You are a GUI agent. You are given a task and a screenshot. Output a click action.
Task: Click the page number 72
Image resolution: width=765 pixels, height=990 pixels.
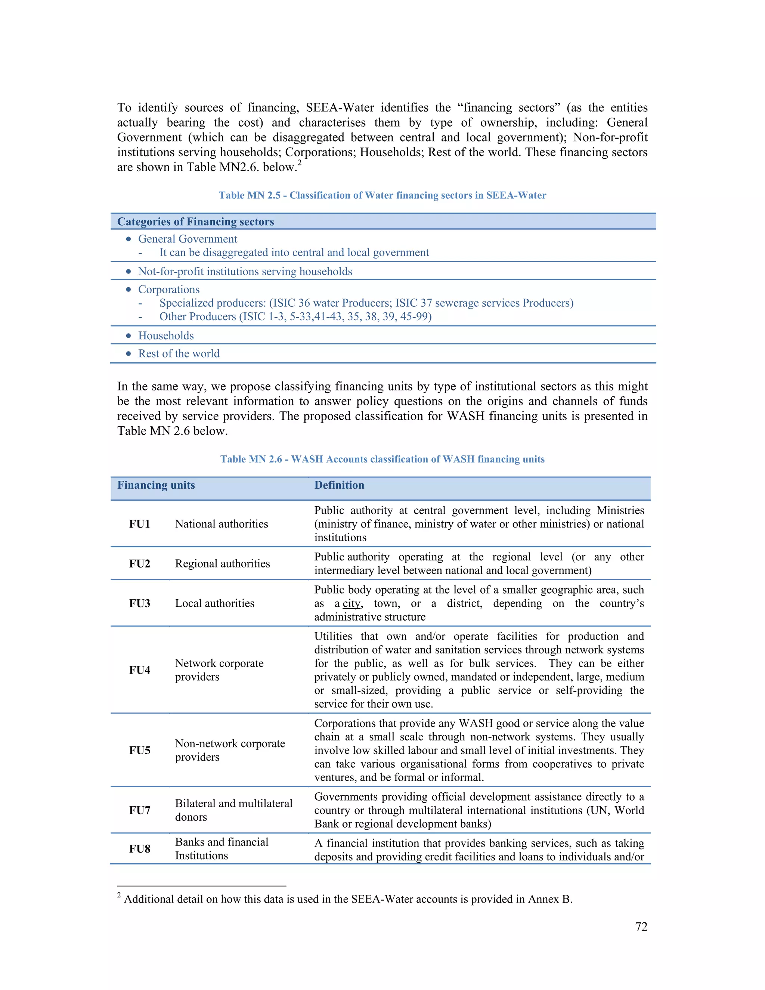[x=641, y=926]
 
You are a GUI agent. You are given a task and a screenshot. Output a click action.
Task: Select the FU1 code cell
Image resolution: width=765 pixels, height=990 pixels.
[x=140, y=524]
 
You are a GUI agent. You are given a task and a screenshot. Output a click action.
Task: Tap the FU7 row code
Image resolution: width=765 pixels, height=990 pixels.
[x=140, y=810]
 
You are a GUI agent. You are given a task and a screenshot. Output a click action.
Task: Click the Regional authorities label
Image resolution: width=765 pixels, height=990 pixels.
[x=222, y=563]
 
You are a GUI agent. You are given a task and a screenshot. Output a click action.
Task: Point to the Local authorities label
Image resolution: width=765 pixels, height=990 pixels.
[x=214, y=603]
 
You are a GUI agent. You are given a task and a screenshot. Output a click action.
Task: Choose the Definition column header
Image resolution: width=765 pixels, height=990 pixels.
[x=339, y=485]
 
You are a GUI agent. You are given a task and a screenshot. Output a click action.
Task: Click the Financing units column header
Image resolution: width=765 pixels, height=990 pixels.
[x=156, y=485]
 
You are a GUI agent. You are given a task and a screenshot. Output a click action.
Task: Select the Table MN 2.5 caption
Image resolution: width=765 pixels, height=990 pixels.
[x=382, y=195]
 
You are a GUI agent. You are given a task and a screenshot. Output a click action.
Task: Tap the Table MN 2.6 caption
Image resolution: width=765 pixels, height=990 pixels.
[x=382, y=459]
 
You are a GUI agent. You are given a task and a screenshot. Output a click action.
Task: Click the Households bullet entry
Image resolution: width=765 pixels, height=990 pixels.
[x=166, y=335]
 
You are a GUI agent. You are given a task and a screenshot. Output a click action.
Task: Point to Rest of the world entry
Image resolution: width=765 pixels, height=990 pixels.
[x=179, y=353]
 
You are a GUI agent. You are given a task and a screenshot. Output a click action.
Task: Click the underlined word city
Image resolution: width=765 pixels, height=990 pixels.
[x=351, y=604]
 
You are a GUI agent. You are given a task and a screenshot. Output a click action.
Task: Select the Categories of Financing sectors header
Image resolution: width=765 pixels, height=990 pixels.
[x=195, y=222]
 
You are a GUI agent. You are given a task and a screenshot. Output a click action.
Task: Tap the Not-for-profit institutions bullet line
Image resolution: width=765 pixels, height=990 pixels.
[x=245, y=272]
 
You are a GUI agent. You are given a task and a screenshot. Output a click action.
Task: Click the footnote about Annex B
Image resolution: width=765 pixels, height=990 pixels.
[x=348, y=899]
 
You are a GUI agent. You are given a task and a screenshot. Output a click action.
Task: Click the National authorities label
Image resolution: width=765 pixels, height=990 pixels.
[x=221, y=524]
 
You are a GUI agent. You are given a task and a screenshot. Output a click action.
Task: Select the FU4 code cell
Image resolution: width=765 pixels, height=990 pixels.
[x=140, y=670]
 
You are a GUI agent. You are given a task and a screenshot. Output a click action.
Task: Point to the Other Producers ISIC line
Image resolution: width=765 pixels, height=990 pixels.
[x=295, y=316]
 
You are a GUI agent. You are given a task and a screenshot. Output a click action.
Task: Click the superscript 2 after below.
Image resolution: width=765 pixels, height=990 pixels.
[x=300, y=163]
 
